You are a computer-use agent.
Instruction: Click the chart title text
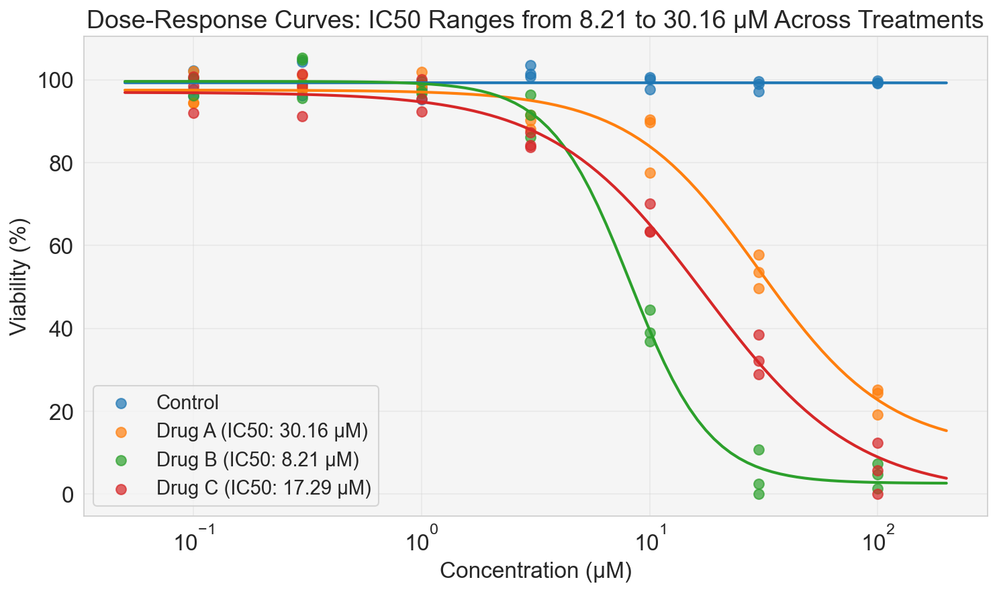point(535,20)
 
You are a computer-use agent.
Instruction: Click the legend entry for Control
point(187,403)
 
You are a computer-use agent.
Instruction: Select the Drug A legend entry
point(262,431)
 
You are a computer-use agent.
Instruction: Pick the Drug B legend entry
point(258,460)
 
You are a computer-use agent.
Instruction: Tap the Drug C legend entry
point(263,488)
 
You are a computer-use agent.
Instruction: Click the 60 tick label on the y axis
point(58,246)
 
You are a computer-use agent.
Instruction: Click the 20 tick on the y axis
point(58,412)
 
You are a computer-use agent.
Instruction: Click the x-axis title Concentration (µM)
point(535,571)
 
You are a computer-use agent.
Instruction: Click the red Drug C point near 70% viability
point(650,204)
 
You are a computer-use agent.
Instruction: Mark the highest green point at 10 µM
point(650,310)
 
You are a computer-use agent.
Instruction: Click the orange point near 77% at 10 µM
point(650,173)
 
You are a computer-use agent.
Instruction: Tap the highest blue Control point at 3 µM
point(530,65)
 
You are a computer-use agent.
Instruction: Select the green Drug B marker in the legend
point(121,460)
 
